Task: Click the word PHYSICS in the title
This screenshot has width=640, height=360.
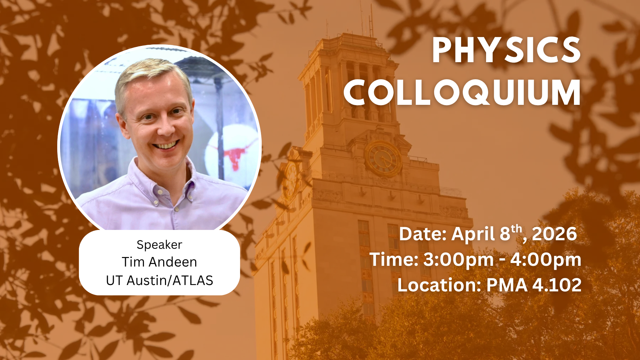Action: pyautogui.click(x=506, y=50)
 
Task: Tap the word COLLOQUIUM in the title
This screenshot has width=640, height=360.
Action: pyautogui.click(x=462, y=92)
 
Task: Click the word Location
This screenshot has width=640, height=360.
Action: pyautogui.click(x=439, y=285)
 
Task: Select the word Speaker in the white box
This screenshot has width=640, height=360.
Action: pyautogui.click(x=159, y=245)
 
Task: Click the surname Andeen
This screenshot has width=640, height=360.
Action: pyautogui.click(x=173, y=262)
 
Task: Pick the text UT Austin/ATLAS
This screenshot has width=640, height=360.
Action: pyautogui.click(x=159, y=280)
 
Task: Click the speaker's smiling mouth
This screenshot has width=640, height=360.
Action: pyautogui.click(x=165, y=145)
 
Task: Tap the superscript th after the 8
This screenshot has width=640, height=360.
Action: pyautogui.click(x=516, y=229)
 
